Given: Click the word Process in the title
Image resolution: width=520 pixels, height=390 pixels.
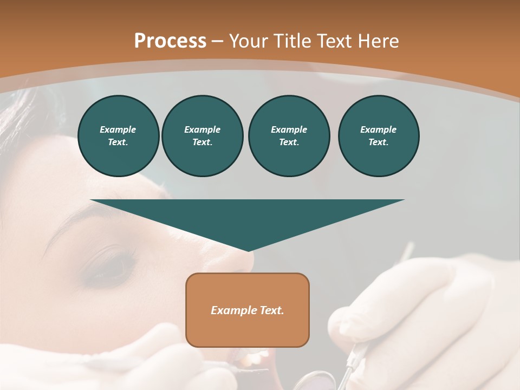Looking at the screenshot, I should click(170, 41).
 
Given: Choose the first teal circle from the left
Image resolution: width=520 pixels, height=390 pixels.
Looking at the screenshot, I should click(118, 136).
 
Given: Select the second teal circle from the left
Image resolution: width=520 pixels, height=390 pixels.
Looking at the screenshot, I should click(202, 136).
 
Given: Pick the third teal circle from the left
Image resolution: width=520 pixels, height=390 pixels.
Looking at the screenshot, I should click(289, 136).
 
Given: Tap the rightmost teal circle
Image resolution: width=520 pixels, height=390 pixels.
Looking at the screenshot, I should click(378, 136).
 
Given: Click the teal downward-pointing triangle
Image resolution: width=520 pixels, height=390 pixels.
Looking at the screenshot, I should click(248, 217).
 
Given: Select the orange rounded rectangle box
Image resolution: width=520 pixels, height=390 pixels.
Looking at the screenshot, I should click(248, 310).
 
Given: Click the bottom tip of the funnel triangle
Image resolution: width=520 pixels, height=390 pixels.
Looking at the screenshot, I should click(248, 250).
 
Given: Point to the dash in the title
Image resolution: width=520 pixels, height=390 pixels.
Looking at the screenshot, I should click(218, 41).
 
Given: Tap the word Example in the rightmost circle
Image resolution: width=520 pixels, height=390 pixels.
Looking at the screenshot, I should click(378, 129).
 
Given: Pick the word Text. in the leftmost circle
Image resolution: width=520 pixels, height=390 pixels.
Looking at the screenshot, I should click(118, 142).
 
